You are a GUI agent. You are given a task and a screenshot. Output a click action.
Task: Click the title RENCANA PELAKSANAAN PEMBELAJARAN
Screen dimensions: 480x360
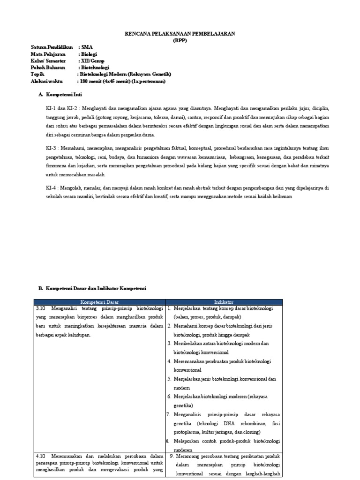(x=180, y=34)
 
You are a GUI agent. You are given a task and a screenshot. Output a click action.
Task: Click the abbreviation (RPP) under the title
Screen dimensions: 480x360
(x=180, y=41)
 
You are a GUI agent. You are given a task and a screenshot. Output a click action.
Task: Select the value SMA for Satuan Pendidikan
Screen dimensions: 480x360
(x=87, y=48)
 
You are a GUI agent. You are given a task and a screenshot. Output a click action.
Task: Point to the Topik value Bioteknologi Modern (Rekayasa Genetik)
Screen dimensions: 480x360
(x=126, y=74)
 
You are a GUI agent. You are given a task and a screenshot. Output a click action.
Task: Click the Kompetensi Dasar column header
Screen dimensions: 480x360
(x=99, y=302)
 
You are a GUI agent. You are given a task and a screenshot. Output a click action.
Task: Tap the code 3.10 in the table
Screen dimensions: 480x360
(x=41, y=309)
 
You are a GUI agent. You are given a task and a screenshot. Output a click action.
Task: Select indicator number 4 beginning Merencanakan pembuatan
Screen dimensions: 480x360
(x=170, y=361)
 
